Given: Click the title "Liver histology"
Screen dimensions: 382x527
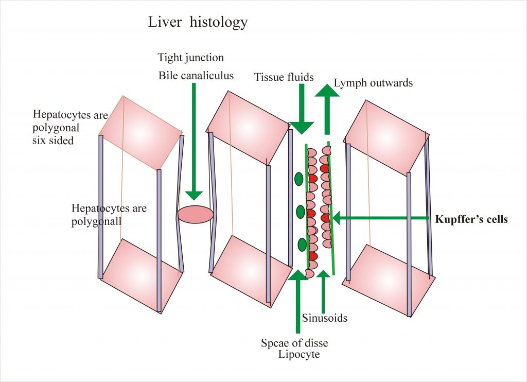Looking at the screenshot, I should [x=198, y=23].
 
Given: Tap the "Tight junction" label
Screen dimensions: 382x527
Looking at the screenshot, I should [x=191, y=57].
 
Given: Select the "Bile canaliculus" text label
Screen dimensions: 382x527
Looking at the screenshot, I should [x=196, y=76].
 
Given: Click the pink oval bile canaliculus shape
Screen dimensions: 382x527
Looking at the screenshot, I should [x=196, y=215].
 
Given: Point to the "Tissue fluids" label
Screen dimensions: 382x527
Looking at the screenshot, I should [x=284, y=77].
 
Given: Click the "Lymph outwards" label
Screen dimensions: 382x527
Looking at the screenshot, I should [x=373, y=82].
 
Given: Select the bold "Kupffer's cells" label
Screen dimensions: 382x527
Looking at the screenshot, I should [x=471, y=219].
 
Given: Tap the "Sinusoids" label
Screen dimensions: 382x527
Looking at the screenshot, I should [x=324, y=318].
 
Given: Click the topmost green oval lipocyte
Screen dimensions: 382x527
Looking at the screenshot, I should [x=298, y=179].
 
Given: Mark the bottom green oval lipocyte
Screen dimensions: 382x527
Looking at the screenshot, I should [x=302, y=244].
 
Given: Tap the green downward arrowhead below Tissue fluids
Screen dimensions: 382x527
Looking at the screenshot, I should [x=302, y=126].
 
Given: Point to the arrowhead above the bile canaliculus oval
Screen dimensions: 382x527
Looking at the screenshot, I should [x=195, y=194].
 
